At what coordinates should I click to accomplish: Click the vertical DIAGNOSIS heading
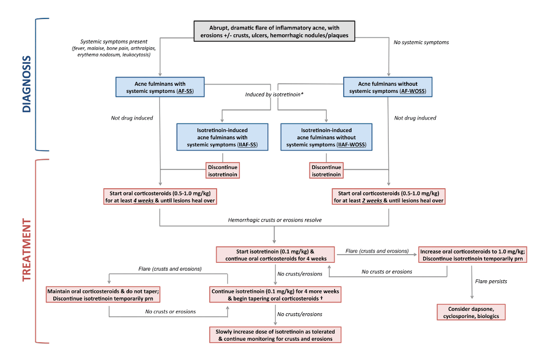(x=27, y=84)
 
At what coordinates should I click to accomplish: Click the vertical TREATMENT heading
(x=27, y=251)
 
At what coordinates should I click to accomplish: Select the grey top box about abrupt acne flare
(x=275, y=31)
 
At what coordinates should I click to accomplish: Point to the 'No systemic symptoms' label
(x=421, y=43)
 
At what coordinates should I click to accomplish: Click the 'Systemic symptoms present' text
(x=114, y=42)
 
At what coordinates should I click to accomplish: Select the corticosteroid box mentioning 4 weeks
(x=160, y=197)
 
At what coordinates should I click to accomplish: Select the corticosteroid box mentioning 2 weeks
(x=388, y=197)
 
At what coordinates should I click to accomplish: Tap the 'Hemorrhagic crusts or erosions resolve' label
(x=275, y=220)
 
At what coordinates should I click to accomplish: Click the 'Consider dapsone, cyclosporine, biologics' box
(x=471, y=312)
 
